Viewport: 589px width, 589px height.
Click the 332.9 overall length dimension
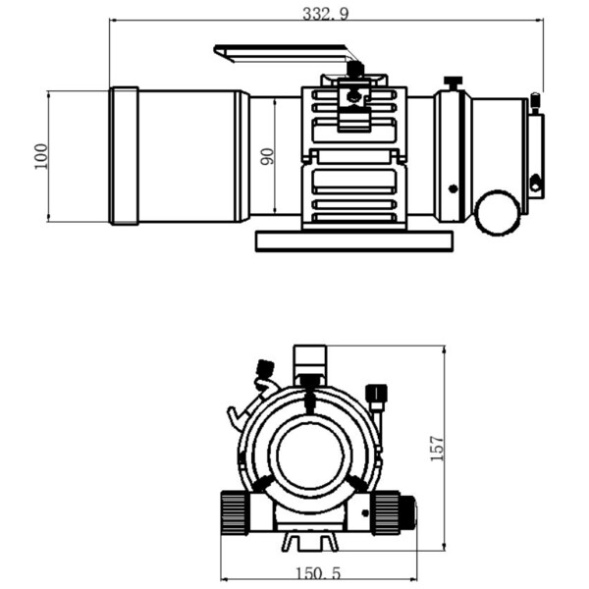(327, 13)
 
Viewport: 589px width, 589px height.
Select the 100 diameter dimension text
(40, 156)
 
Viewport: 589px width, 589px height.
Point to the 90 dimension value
(267, 156)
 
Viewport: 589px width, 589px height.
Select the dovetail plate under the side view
(354, 241)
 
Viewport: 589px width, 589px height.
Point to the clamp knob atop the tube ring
(355, 71)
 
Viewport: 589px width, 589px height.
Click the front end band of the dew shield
(124, 156)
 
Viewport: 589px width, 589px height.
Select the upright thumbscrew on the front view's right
(376, 396)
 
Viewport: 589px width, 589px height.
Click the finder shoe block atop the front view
(310, 357)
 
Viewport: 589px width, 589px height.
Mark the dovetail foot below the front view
(310, 541)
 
